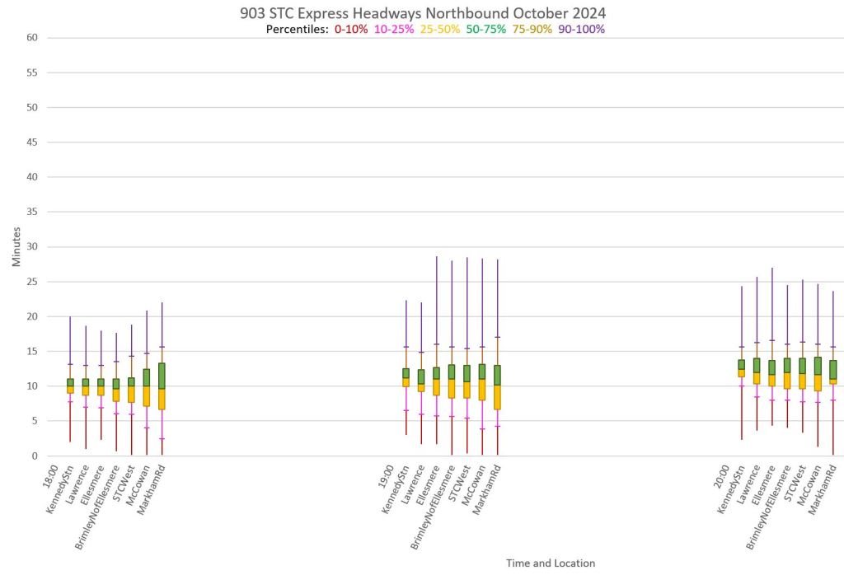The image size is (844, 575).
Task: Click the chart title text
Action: [x=421, y=14]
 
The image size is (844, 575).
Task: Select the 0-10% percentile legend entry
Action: [x=350, y=29]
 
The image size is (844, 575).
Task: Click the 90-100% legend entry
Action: [x=582, y=29]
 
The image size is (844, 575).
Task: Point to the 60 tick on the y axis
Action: [x=32, y=38]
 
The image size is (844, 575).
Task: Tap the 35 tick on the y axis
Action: [x=32, y=212]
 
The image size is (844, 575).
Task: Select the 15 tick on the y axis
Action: [x=32, y=351]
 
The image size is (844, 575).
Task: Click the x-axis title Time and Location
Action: [x=550, y=563]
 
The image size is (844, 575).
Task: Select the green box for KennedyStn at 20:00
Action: [x=742, y=363]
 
